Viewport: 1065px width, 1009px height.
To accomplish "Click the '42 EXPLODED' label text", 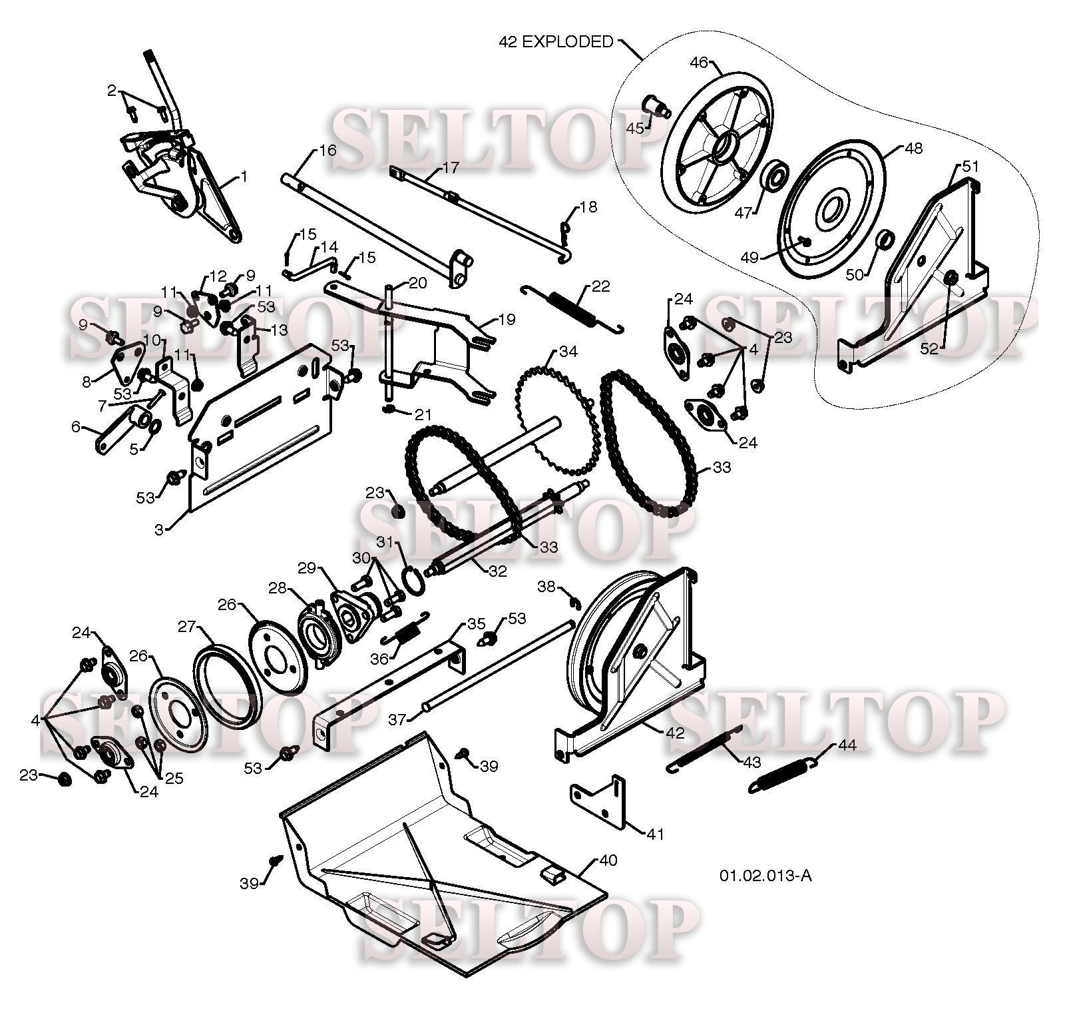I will pyautogui.click(x=556, y=42).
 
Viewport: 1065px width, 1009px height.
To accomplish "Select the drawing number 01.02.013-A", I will pyautogui.click(x=765, y=875).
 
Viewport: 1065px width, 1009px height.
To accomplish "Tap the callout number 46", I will pyautogui.click(x=698, y=63).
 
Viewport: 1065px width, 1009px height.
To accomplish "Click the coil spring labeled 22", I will pyautogui.click(x=572, y=308).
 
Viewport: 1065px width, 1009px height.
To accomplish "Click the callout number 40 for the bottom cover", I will pyautogui.click(x=608, y=860).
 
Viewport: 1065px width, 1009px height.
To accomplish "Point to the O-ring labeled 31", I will pyautogui.click(x=414, y=579).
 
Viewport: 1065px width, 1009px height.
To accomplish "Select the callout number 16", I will pyautogui.click(x=327, y=150).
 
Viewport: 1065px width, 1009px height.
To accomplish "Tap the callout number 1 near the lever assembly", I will pyautogui.click(x=244, y=176).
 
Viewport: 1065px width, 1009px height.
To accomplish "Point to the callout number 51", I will pyautogui.click(x=970, y=167).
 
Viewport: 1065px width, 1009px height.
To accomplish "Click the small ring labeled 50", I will pyautogui.click(x=885, y=239).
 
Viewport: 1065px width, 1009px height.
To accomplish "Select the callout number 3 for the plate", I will pyautogui.click(x=159, y=529).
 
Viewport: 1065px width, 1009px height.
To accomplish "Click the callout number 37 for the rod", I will pyautogui.click(x=397, y=719).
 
